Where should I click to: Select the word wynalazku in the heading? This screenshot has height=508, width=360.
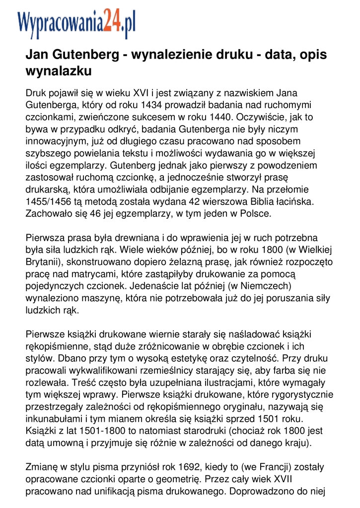[59, 71]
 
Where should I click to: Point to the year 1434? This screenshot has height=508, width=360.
[151, 105]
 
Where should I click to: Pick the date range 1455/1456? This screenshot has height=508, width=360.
[49, 202]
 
